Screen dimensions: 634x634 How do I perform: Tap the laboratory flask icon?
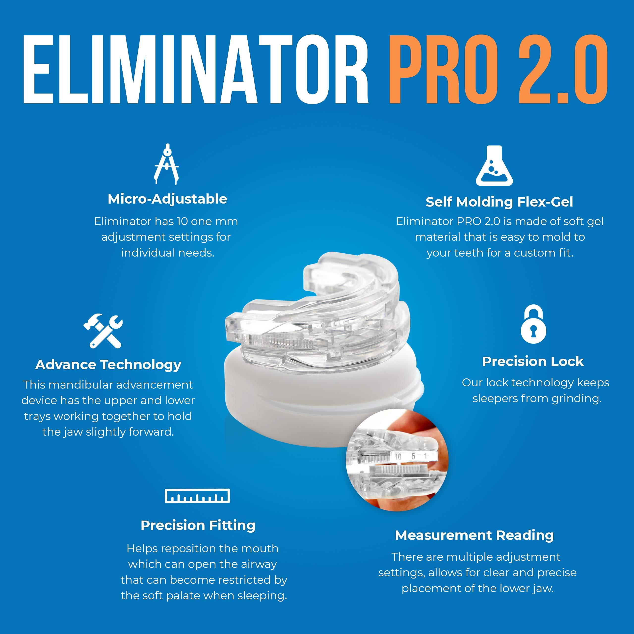tap(494, 166)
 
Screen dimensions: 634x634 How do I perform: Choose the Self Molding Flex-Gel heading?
tap(499, 202)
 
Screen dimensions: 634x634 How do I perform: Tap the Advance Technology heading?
tap(108, 365)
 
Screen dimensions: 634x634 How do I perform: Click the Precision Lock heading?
tap(533, 361)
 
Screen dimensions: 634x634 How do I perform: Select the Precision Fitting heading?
tap(198, 525)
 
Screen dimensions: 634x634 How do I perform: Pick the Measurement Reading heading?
tap(474, 535)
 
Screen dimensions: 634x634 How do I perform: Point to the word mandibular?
tap(86, 385)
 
